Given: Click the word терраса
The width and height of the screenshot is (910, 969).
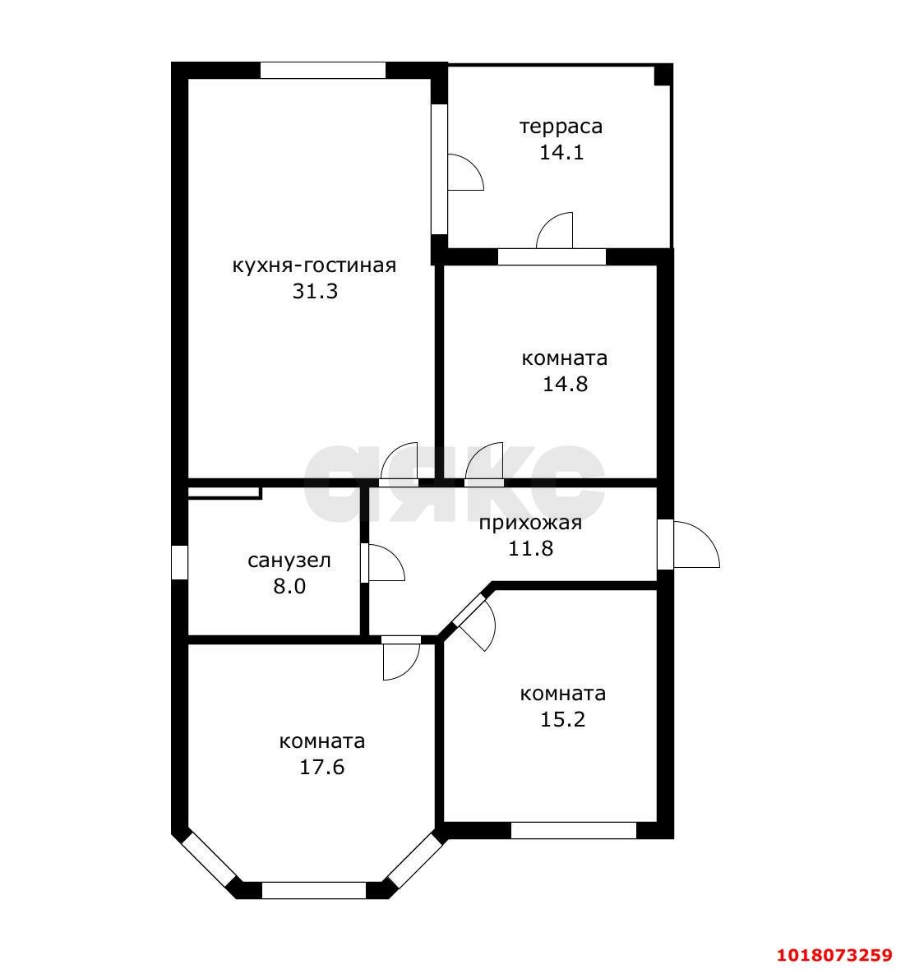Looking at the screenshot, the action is (561, 127).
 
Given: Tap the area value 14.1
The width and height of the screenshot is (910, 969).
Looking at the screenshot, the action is (561, 152).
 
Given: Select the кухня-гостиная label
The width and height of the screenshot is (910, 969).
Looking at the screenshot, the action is (314, 265).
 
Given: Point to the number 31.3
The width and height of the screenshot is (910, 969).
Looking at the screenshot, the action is (316, 291).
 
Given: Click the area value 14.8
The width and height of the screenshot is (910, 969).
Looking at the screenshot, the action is (565, 384).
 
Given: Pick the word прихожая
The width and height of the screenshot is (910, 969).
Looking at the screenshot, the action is (530, 524).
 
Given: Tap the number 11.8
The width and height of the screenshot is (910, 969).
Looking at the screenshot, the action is (530, 548).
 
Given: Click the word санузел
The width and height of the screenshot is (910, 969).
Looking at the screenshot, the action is (289, 561).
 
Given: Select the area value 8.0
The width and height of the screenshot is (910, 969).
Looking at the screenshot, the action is (289, 586).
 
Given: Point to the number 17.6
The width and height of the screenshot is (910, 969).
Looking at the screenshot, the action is (321, 767).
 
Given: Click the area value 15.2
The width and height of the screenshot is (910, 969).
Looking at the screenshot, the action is (562, 719).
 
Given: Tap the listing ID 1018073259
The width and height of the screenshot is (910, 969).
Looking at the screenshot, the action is (834, 955).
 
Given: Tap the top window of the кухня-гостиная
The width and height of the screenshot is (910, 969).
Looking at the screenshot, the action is (323, 71).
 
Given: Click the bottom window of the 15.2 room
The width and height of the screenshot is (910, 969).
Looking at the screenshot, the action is (574, 830).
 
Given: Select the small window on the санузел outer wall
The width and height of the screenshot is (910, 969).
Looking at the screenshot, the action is (179, 562).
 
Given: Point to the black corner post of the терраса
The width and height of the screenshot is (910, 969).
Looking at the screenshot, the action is (663, 75).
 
